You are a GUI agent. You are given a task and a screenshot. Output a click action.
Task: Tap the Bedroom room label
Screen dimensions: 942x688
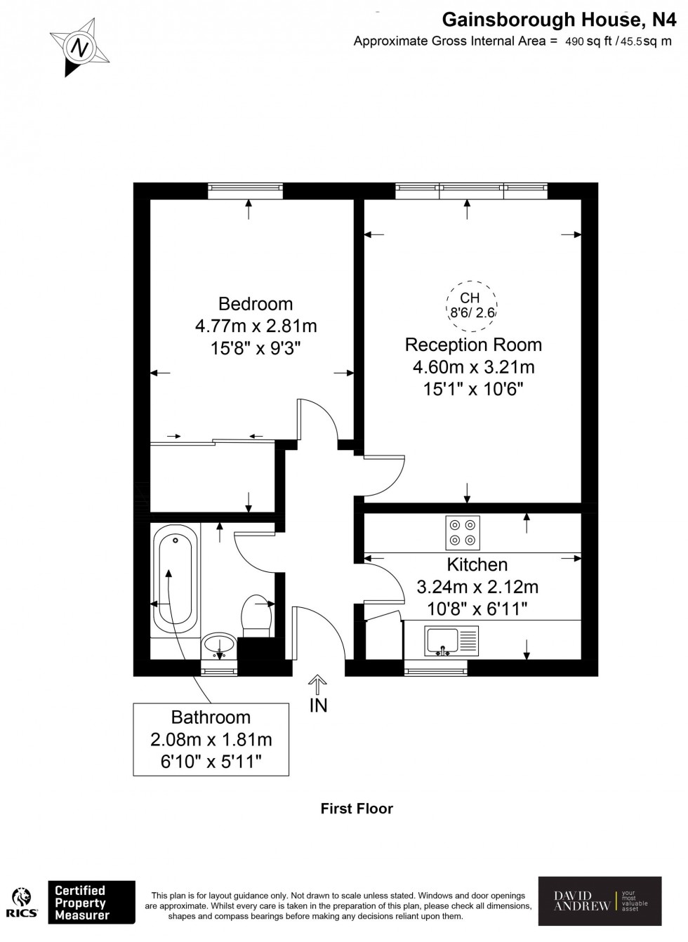click(x=256, y=304)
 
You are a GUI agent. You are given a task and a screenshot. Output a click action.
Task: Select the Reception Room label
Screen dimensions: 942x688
click(x=473, y=345)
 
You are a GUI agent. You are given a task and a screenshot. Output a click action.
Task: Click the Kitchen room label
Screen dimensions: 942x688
click(x=477, y=564)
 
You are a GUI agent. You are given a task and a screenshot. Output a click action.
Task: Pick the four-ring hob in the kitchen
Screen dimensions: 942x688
click(x=463, y=533)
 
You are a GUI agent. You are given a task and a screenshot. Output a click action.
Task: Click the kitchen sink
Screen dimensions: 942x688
click(x=442, y=641)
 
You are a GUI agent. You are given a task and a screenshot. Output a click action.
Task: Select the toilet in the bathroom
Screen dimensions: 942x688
click(x=256, y=616)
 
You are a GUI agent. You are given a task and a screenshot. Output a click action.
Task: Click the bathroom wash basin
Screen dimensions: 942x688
click(x=219, y=643)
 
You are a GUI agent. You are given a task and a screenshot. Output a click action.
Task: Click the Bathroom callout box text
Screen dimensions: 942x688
click(x=211, y=740)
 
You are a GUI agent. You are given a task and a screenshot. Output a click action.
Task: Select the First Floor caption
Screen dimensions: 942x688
click(x=357, y=808)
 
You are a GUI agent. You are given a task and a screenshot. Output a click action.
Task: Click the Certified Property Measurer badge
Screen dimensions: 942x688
click(x=91, y=903)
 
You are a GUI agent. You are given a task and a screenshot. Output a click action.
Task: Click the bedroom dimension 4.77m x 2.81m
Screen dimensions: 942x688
click(x=256, y=326)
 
